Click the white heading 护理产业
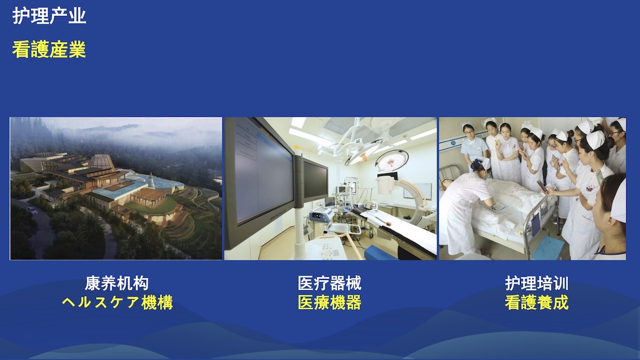coord(49,16)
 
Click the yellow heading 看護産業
coord(49,50)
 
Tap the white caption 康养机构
coord(117,283)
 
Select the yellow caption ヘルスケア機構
coord(117,302)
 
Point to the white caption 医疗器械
coord(330,283)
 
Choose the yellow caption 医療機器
coord(330,302)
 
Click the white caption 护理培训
coord(537,283)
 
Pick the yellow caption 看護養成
coord(537,302)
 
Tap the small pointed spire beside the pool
coord(151,181)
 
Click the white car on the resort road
coord(32,210)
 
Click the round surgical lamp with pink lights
coord(392,160)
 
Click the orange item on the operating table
coord(388,223)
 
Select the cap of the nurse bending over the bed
coord(483,163)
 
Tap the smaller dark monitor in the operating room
coord(315,180)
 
